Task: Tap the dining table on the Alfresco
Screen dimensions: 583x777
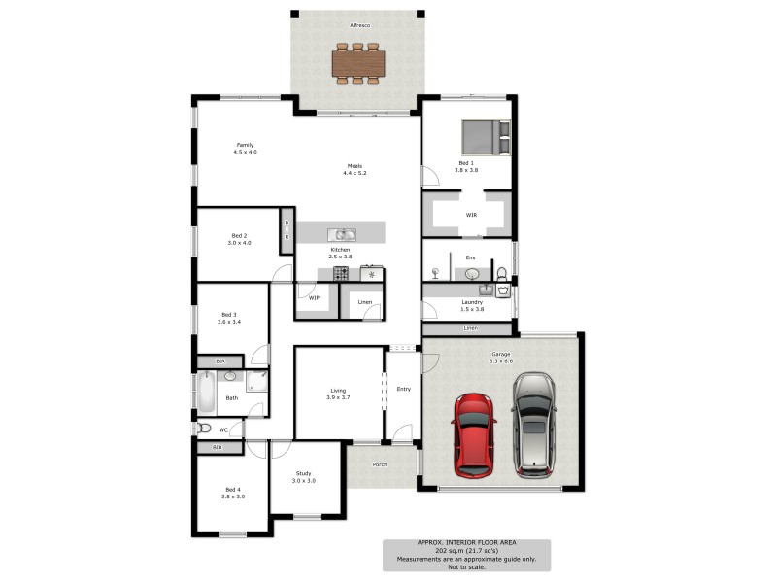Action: [x=358, y=62]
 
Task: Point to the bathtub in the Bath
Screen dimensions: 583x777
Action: [x=206, y=393]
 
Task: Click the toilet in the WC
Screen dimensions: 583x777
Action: [x=204, y=428]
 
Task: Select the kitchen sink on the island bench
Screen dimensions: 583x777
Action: [x=341, y=234]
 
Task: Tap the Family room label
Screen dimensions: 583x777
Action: [x=245, y=145]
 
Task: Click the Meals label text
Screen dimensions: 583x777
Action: [x=355, y=166]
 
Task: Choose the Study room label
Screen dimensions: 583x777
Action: [x=304, y=474]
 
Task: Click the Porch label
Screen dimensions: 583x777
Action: [x=380, y=464]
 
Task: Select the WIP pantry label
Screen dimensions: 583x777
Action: [x=314, y=298]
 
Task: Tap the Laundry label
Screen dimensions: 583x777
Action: [x=472, y=302]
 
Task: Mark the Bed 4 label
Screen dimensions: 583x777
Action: [x=233, y=489]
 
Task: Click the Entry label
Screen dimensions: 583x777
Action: [x=404, y=390]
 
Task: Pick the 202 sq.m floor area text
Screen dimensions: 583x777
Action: [x=465, y=552]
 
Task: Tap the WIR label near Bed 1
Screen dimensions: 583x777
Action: [x=471, y=215]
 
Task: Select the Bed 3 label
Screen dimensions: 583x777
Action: [x=229, y=314]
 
